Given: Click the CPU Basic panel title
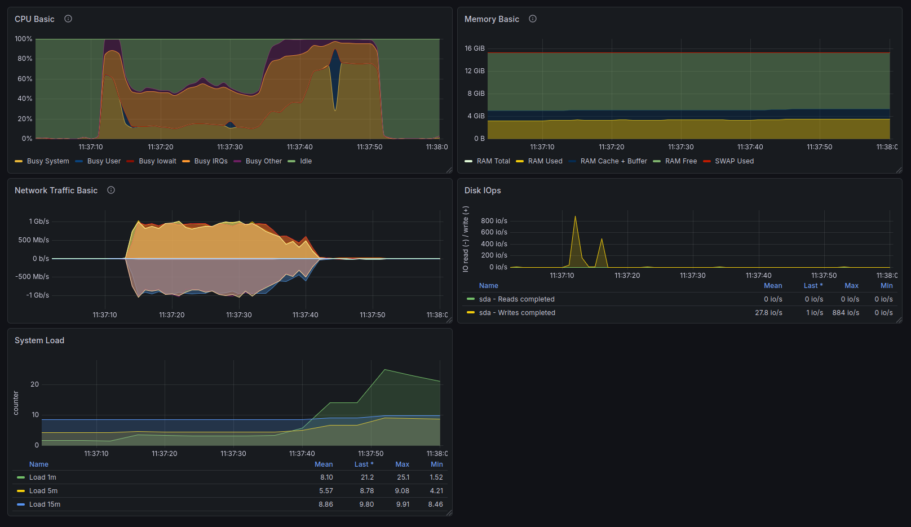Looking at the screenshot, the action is [34, 19].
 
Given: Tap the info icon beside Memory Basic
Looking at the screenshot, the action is [532, 19].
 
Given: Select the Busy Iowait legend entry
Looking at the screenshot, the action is [151, 161].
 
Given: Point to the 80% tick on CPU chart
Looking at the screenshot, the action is [24, 59].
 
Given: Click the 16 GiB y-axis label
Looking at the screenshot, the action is [475, 48].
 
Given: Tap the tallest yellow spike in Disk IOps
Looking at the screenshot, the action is [575, 217].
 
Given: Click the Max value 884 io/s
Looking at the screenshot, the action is [846, 313].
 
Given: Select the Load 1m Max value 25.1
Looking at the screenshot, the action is [403, 477].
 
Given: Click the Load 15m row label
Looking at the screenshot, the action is [45, 504].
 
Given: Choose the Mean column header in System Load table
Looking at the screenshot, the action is [324, 464].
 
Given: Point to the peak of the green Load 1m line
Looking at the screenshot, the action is [384, 370].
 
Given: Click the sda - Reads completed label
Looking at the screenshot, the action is [517, 299].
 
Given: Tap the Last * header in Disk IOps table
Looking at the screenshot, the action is [813, 286].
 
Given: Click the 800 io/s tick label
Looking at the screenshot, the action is [494, 221].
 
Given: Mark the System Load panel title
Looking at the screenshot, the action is [39, 340].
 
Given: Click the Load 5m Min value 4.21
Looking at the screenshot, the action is [436, 491].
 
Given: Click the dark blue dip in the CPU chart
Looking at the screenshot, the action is [335, 77].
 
